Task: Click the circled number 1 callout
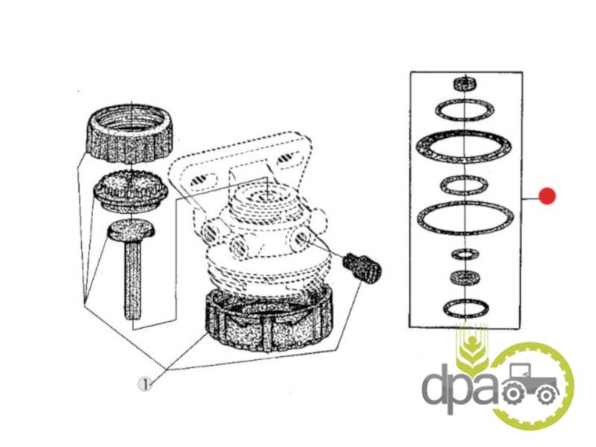coord(145,384)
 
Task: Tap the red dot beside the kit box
coord(547,196)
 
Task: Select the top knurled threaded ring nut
coord(130,133)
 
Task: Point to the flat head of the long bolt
coord(131,231)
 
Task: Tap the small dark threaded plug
coord(361,266)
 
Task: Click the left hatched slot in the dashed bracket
coord(202,180)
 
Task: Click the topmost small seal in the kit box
coord(466,83)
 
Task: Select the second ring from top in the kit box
coord(464,110)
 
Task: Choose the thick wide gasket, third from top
coord(463,146)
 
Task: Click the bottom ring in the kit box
coord(466,308)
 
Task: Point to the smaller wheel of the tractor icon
coord(546,396)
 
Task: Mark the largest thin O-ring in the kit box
coord(465,218)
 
